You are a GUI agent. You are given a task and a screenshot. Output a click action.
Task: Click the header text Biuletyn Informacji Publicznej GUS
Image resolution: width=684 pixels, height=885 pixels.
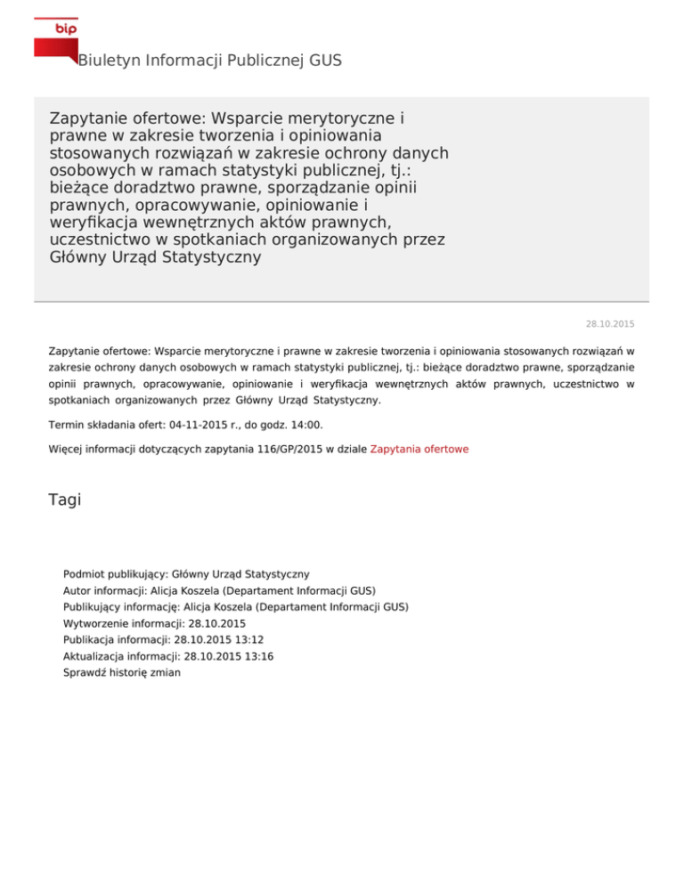click(x=209, y=61)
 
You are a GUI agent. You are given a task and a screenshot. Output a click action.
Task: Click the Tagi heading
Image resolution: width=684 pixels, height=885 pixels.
click(x=65, y=500)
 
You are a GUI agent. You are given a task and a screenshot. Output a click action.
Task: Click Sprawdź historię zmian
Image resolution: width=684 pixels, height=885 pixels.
click(x=122, y=673)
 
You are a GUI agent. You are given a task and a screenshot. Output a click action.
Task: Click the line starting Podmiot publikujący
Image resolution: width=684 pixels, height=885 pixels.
click(x=186, y=575)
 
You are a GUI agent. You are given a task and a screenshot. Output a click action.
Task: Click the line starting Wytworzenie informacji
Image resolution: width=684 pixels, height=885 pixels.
click(x=154, y=624)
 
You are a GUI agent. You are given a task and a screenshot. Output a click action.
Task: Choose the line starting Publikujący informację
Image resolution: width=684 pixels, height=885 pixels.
click(x=236, y=607)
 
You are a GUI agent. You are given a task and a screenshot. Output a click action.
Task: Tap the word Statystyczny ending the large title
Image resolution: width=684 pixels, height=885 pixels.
click(x=209, y=258)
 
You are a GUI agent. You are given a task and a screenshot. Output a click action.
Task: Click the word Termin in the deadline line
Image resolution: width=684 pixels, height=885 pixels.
click(x=69, y=426)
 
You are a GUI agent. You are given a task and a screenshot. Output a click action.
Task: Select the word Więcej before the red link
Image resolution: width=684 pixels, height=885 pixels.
click(x=69, y=450)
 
